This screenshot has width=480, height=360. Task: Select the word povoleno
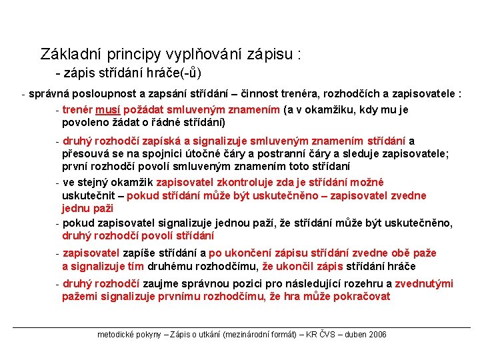point(84,122)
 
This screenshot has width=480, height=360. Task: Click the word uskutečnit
point(87,195)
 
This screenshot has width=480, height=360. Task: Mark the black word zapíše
point(139,253)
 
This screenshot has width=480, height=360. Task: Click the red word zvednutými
point(423,284)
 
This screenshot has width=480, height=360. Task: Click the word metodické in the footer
point(115,335)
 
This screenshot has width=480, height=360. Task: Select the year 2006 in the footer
point(376,335)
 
